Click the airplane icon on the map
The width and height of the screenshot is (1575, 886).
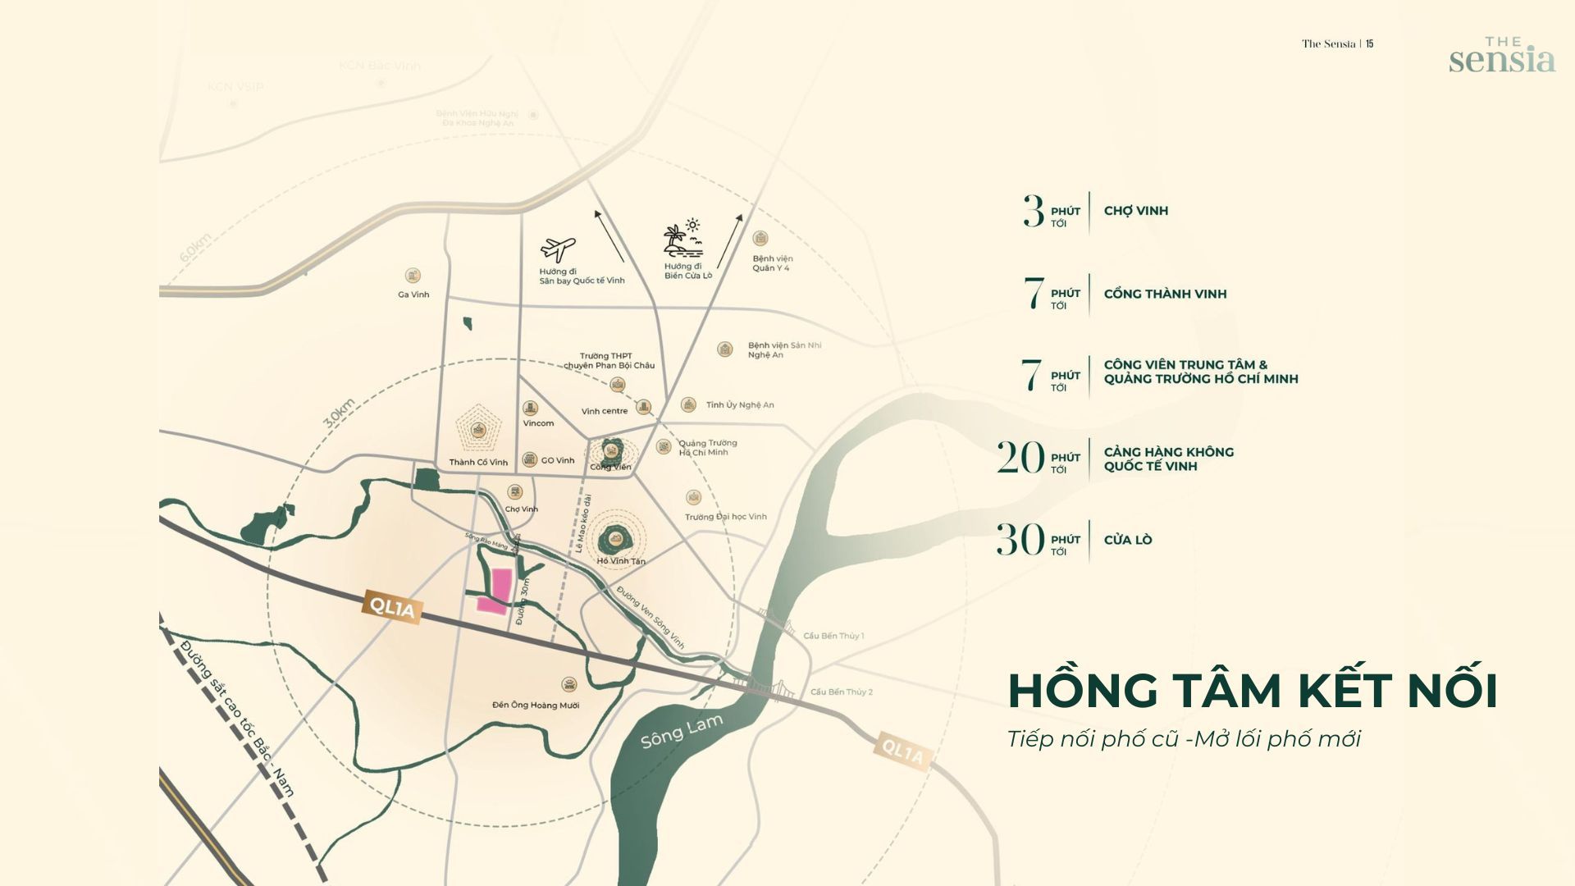click(558, 249)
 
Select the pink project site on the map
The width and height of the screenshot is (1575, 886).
click(497, 591)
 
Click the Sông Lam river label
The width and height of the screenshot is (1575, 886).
click(682, 731)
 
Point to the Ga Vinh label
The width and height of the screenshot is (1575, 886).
click(413, 295)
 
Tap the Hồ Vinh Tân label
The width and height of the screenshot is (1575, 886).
click(621, 561)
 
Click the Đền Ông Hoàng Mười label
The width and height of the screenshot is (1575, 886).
click(536, 705)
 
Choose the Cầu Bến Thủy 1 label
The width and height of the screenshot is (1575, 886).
click(833, 636)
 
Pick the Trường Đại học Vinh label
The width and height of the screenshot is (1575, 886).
click(726, 517)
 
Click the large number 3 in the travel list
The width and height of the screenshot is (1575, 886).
click(1034, 212)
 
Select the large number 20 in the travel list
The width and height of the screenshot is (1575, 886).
click(1020, 458)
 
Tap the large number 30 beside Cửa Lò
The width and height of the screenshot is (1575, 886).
click(1020, 540)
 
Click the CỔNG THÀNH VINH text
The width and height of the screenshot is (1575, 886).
click(1165, 294)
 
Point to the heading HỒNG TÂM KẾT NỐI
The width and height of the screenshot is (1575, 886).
click(1253, 690)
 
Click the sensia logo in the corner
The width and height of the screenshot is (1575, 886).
click(1501, 56)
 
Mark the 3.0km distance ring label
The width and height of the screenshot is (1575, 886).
click(339, 413)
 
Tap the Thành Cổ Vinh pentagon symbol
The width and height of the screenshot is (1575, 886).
click(478, 428)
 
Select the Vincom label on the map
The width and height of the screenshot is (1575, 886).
click(538, 423)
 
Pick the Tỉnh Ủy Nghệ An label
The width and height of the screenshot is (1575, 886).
click(739, 404)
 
